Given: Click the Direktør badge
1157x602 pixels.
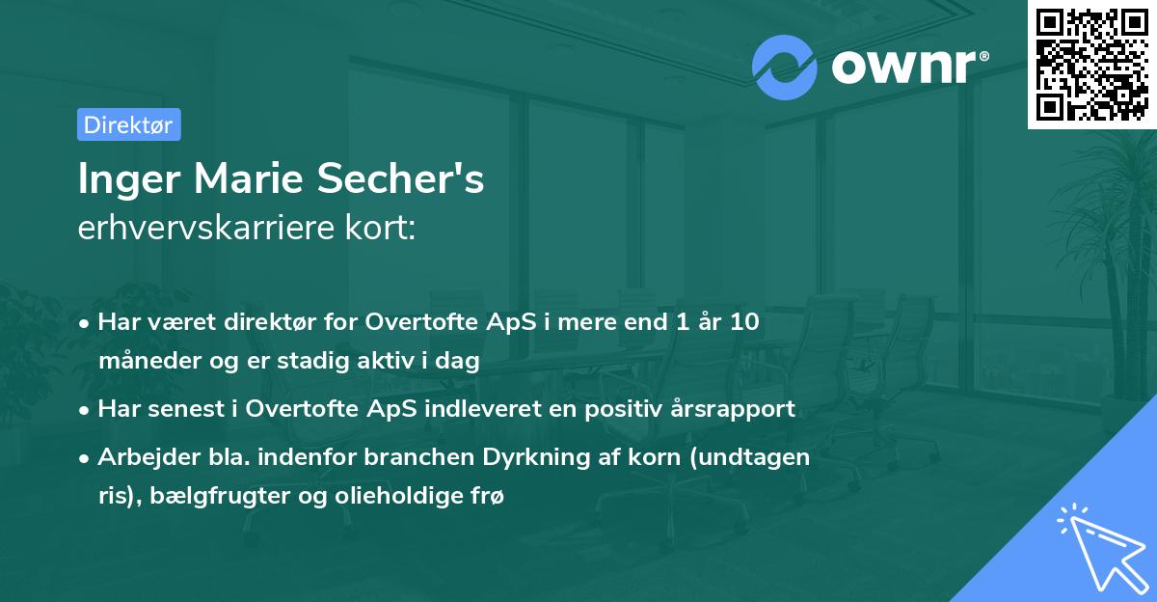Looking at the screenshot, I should pos(128,124).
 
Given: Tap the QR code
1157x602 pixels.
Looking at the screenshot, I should pos(1092,64).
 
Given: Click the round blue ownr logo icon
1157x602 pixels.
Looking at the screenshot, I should pos(785,67).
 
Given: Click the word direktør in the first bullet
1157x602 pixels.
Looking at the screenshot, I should pos(237,322).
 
